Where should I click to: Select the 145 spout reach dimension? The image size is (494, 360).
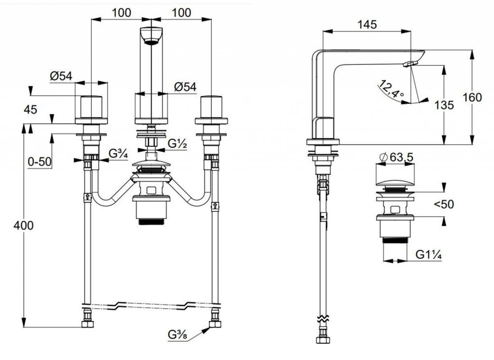coord(368,24)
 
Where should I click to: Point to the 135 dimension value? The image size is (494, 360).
coord(444,105)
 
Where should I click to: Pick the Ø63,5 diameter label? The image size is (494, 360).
coord(396,157)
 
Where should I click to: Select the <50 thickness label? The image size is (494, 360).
coord(443,204)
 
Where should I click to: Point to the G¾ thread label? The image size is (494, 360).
coord(117,154)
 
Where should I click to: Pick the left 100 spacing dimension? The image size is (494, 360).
coord(122,13)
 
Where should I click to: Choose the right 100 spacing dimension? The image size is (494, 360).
coord(181,13)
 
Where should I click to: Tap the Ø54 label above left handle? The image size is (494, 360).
coord(61,76)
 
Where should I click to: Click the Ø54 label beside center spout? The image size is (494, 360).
coord(185,87)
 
